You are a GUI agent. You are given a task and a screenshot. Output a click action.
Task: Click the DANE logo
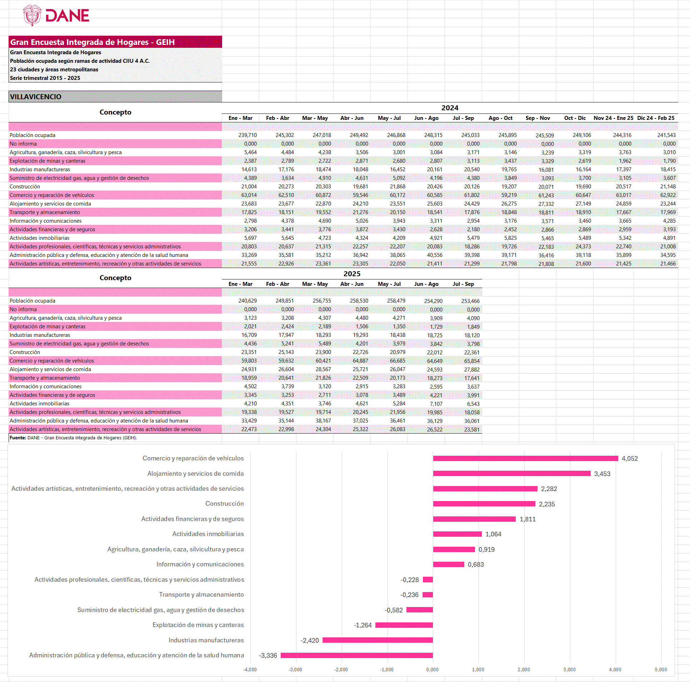[56, 15]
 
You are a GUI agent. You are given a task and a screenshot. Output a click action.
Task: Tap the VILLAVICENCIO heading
[36, 97]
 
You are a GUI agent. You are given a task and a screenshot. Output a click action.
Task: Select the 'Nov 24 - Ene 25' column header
[613, 118]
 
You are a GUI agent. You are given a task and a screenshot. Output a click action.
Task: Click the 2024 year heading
[450, 108]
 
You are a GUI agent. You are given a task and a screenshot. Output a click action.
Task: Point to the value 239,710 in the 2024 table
[247, 135]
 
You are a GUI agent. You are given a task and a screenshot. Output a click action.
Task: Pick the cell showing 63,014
[249, 195]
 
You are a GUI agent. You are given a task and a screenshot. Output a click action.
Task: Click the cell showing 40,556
[435, 255]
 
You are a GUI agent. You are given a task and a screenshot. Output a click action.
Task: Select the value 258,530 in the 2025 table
[359, 301]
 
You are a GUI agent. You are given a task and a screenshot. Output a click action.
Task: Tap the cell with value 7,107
[436, 404]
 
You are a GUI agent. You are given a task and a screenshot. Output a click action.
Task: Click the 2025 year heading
[352, 274]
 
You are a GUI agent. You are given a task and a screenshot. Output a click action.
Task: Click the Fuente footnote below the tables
[73, 438]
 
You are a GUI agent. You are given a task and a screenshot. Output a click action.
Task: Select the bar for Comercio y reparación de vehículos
[525, 459]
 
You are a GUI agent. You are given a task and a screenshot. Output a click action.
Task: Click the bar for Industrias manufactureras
[377, 640]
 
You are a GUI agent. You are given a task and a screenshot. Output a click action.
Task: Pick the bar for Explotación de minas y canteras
[404, 625]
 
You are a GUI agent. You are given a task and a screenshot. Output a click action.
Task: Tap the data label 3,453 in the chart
[602, 474]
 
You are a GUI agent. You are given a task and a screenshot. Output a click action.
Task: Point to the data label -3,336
[268, 656]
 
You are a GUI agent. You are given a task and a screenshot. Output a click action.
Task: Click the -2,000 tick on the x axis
[341, 670]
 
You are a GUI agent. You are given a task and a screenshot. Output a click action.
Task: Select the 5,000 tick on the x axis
[661, 670]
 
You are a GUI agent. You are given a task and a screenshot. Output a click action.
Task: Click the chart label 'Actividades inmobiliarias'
[208, 534]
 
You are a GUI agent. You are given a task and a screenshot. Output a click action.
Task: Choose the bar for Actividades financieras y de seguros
[474, 519]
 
